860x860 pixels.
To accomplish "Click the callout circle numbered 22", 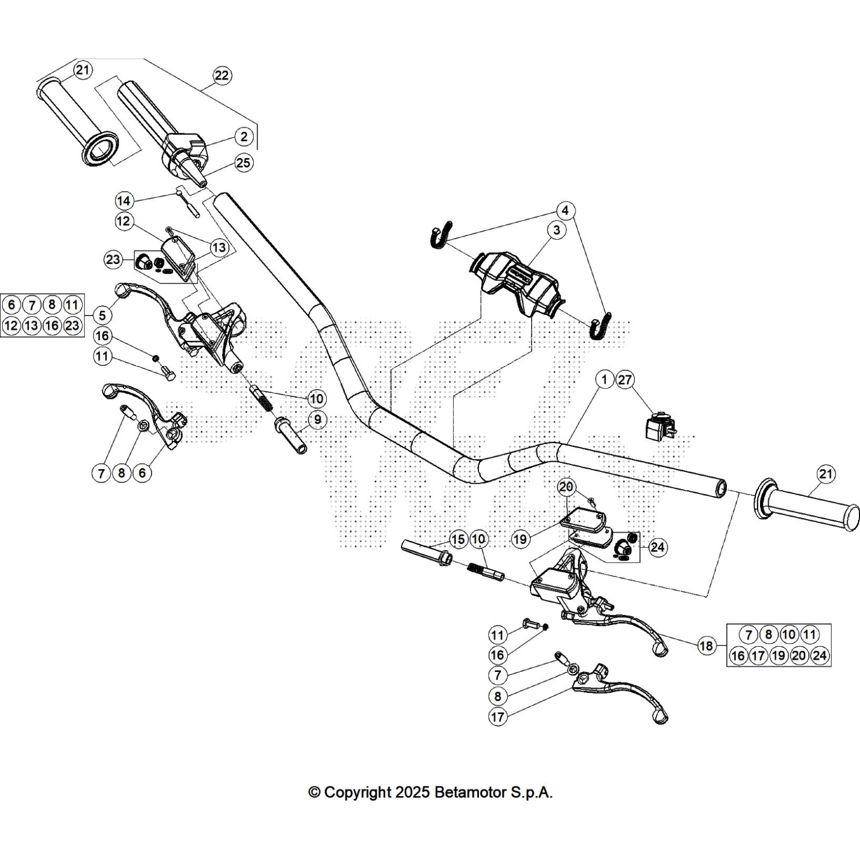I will click(x=221, y=76).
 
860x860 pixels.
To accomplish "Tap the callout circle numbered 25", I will click(x=243, y=162).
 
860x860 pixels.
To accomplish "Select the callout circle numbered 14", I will click(x=124, y=201).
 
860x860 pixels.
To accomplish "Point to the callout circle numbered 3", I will click(x=556, y=230).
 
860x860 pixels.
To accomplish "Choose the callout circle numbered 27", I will click(x=625, y=380).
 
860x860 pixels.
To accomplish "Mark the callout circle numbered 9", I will click(x=318, y=419).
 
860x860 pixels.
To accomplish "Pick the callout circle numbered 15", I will click(x=458, y=539).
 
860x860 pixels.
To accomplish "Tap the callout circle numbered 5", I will click(x=102, y=315).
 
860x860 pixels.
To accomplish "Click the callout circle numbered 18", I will click(x=706, y=645).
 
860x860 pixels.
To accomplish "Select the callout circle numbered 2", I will click(x=244, y=137).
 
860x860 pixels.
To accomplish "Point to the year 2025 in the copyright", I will click(x=412, y=792).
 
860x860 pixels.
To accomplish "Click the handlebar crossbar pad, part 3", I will click(x=516, y=282).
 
